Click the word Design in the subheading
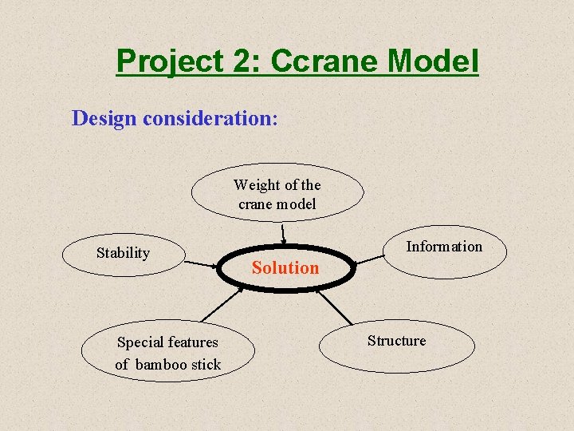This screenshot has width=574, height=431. (x=104, y=118)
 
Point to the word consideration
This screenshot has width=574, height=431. (x=209, y=118)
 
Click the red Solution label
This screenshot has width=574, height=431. (x=285, y=268)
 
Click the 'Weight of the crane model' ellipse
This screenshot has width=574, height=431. (x=277, y=194)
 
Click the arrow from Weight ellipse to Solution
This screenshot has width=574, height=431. (x=284, y=233)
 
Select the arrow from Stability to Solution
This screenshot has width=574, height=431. (x=203, y=263)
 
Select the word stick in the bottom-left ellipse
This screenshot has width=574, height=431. (x=206, y=365)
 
